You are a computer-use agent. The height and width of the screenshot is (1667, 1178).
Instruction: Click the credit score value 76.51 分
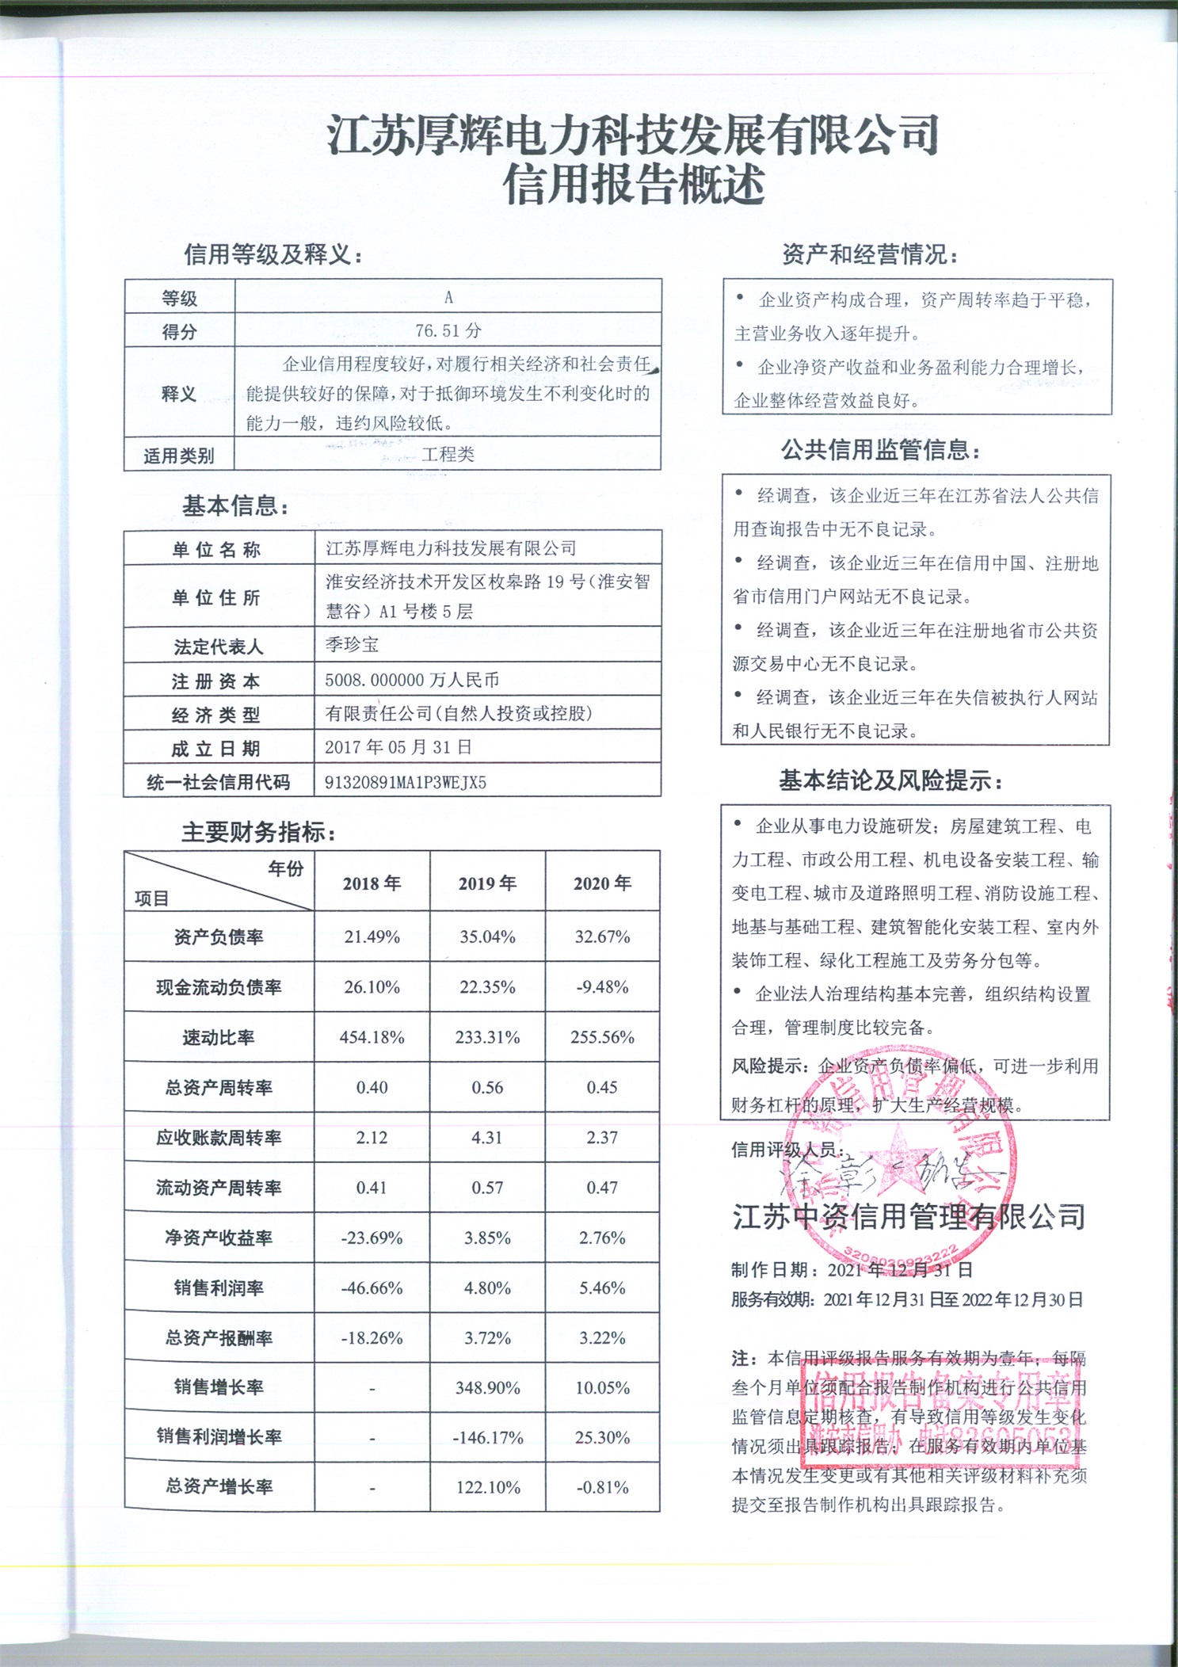448,330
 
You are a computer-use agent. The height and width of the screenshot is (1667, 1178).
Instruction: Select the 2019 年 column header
487,883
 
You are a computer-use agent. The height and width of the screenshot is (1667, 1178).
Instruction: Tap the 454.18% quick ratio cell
372,1037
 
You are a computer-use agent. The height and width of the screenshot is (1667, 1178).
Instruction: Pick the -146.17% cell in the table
487,1437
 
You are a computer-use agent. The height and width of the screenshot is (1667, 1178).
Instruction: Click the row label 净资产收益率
219,1238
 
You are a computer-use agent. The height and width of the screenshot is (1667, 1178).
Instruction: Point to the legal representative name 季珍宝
352,645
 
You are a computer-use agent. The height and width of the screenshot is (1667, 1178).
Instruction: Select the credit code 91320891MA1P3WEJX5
405,783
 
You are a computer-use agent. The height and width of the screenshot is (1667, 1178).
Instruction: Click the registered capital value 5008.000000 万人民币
411,680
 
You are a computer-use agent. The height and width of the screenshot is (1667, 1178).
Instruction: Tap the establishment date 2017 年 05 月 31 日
398,747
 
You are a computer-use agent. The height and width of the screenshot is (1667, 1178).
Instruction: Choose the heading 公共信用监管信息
879,451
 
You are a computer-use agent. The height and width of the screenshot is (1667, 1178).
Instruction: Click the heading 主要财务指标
257,832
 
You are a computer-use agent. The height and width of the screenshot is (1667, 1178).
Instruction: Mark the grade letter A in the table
448,297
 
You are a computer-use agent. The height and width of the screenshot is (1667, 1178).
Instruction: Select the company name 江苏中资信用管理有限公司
908,1217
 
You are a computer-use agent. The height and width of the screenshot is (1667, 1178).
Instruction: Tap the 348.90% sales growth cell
487,1387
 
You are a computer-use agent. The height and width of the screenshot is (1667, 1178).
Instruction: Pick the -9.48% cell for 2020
602,987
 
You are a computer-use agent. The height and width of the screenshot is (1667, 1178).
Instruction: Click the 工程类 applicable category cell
448,454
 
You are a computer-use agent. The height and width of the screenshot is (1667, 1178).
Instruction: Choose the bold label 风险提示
768,1066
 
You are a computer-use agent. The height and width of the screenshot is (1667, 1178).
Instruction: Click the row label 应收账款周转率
219,1138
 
